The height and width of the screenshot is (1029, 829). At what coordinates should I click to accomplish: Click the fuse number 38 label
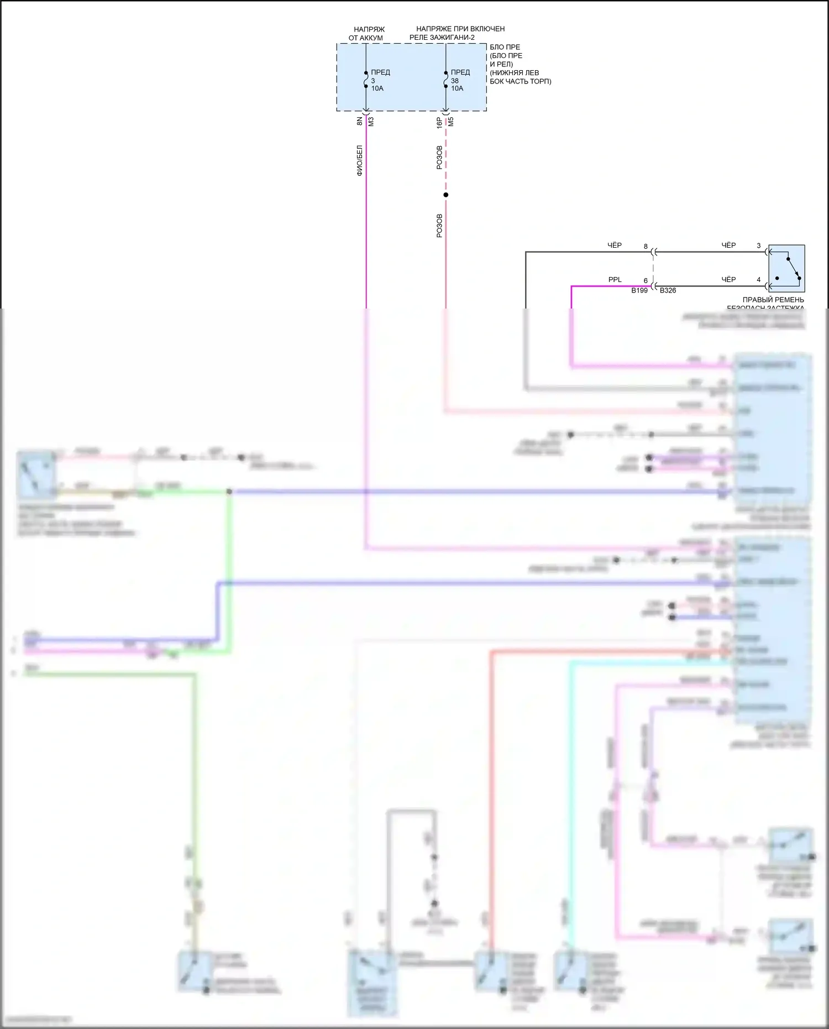[x=455, y=81]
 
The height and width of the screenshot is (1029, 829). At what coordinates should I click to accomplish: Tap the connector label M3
[x=371, y=121]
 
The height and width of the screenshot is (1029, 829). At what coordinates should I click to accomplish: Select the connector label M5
[x=451, y=122]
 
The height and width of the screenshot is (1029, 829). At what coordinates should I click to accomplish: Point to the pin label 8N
[x=359, y=121]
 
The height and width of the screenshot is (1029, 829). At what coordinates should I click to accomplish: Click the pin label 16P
[x=439, y=122]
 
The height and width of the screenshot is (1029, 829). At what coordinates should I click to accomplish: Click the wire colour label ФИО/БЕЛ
[x=359, y=160]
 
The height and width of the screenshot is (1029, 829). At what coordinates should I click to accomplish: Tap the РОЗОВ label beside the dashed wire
[x=439, y=158]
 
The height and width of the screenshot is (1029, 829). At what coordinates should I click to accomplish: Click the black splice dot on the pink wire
[x=446, y=195]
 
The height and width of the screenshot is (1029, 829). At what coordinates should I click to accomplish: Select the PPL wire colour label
[x=615, y=280]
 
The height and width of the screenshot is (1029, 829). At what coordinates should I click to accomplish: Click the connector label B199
[x=639, y=290]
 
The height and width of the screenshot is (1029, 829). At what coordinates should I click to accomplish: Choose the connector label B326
[x=668, y=290]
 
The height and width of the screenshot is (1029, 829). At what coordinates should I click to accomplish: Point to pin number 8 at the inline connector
[x=646, y=247]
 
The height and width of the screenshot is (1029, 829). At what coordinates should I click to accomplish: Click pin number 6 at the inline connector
[x=646, y=281]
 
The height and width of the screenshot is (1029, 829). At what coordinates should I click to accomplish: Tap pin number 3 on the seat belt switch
[x=759, y=246]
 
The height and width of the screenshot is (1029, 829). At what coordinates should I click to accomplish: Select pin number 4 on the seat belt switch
[x=759, y=280]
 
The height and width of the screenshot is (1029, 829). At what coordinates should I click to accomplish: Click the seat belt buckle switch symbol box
[x=786, y=268]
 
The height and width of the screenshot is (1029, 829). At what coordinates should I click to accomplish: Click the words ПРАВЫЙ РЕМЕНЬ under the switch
[x=765, y=300]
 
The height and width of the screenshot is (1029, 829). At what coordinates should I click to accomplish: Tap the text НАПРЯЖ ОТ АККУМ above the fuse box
[x=366, y=33]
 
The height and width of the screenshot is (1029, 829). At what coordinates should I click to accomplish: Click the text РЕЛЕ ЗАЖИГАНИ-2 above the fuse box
[x=442, y=38]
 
